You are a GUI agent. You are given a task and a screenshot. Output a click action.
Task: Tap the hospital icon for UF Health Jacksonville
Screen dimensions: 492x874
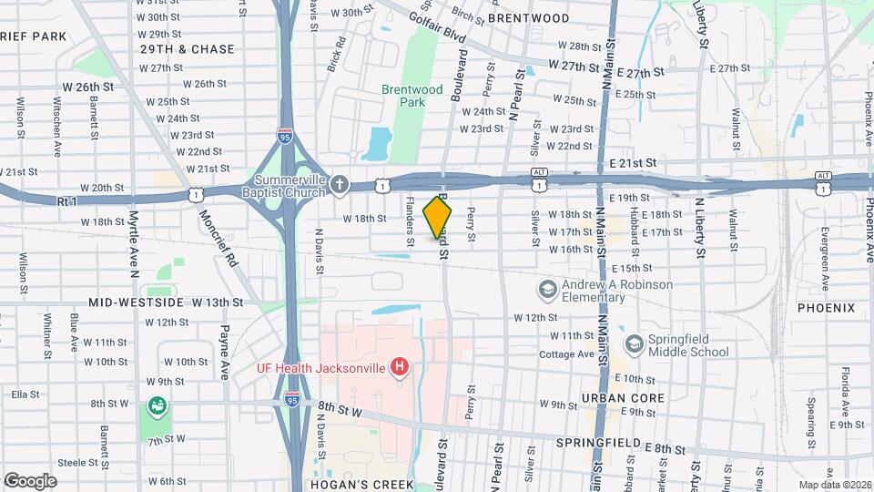coord(398,368)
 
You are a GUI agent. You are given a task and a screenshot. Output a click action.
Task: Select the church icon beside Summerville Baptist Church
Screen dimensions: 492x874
coord(339,185)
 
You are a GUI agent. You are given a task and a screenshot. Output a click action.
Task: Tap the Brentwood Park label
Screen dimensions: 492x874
coord(412,96)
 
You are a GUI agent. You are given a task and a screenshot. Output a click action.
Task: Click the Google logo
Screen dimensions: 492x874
coord(30,480)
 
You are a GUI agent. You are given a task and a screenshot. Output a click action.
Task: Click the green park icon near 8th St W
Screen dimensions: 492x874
coord(158,405)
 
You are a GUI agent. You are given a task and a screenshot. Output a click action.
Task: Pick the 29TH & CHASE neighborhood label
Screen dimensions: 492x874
coord(187,49)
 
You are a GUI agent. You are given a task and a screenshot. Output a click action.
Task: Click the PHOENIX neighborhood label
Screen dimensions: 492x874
coord(826,308)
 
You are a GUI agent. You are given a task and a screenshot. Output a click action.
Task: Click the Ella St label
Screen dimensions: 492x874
coord(25,395)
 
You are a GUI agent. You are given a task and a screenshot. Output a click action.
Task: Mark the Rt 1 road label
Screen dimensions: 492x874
coord(69,200)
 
